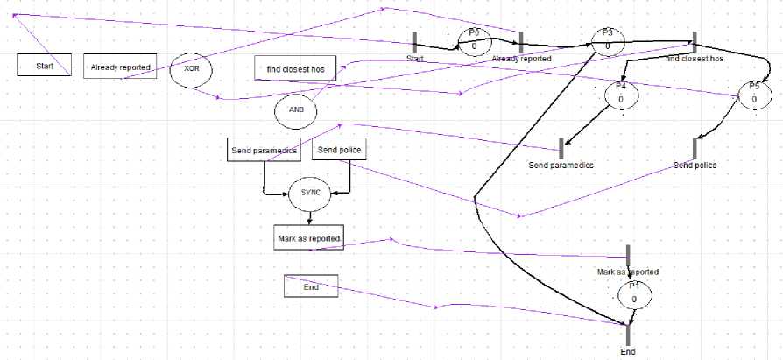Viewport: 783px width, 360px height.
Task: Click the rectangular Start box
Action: pos(44,66)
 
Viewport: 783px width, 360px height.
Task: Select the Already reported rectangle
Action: pos(119,67)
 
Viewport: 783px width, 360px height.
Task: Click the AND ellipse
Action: pos(296,111)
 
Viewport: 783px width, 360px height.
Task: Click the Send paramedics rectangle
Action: pos(264,151)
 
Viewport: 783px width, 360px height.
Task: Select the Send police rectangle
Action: pos(339,151)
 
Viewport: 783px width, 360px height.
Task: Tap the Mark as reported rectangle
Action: pos(308,238)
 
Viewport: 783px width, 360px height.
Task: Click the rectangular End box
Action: pos(310,286)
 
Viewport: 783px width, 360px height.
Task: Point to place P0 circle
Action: pos(474,41)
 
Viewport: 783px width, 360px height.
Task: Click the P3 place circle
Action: pos(607,41)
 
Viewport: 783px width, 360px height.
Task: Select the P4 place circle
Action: pos(620,95)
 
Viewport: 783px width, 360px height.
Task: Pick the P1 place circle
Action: pos(633,295)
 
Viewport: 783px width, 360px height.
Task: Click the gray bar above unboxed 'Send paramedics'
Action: pos(561,149)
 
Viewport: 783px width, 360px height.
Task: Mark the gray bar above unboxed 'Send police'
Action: pos(695,149)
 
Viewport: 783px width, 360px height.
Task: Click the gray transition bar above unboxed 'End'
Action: pos(628,334)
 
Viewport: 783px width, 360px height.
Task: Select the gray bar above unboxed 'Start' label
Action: pos(414,42)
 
